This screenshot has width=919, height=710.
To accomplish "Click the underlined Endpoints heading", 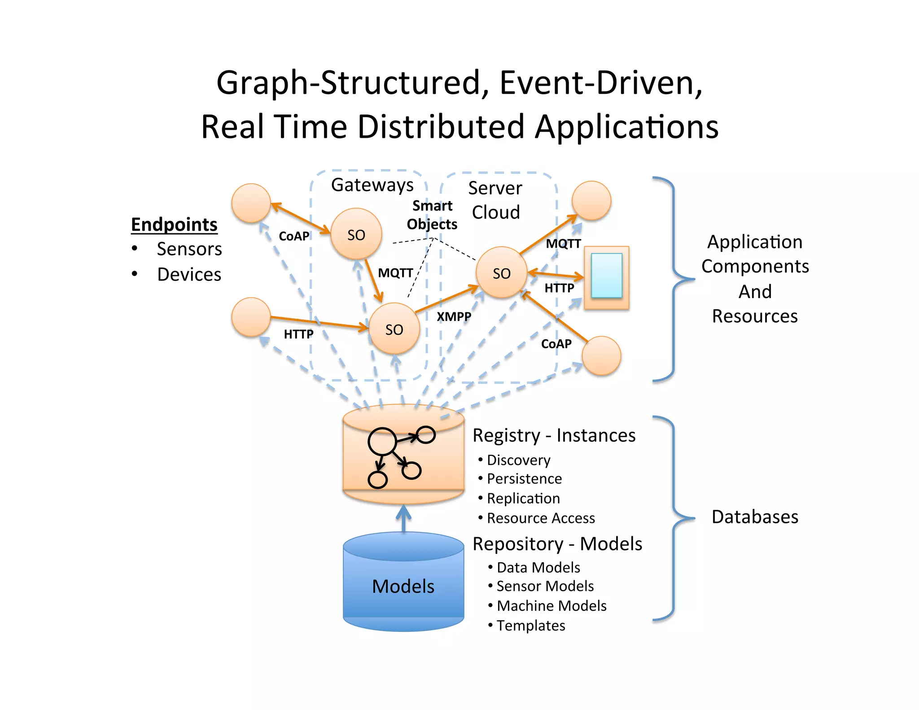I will tap(174, 224).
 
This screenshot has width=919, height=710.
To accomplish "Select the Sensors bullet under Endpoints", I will tap(189, 249).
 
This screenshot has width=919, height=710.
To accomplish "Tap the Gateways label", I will tap(372, 185).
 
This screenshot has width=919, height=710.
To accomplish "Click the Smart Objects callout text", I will tap(432, 215).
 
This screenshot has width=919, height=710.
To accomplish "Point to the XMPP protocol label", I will tap(454, 316).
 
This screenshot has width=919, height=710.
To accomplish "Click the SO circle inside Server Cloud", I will tap(501, 273).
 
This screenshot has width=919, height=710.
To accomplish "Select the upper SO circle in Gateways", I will tap(356, 234).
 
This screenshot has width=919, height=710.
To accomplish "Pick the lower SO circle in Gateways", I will tap(394, 329).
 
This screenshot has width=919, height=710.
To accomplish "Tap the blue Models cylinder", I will tap(403, 586).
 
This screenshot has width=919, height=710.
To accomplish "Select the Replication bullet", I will tap(523, 498).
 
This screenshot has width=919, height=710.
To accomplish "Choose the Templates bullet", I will tap(530, 625).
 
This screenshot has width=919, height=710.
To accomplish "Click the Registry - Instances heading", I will tap(554, 435).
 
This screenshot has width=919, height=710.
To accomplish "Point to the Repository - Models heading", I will tap(557, 544).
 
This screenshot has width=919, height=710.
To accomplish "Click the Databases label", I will tap(755, 517).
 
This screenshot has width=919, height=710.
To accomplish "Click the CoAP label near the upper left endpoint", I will tap(294, 236).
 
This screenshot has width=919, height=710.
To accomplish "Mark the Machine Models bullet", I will tap(551, 606).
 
